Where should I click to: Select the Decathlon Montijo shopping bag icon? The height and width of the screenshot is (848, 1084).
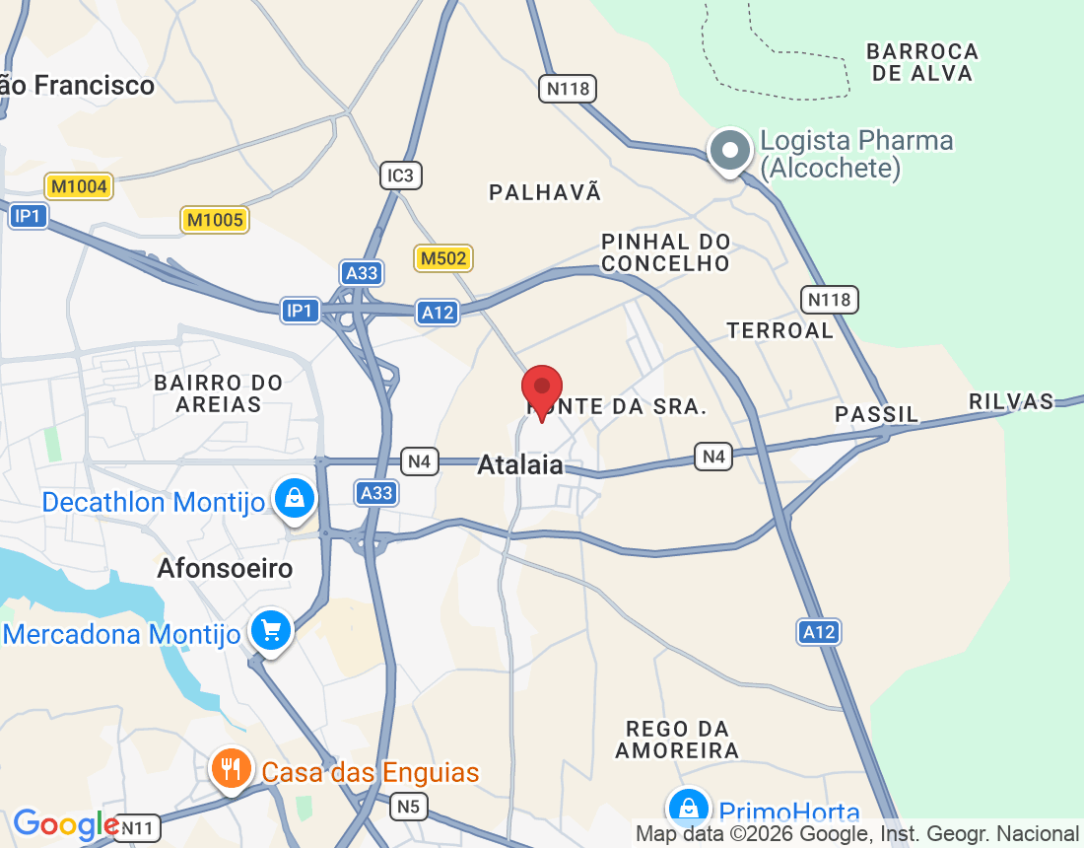click(294, 499)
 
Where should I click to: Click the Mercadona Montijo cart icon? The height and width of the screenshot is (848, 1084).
click(270, 629)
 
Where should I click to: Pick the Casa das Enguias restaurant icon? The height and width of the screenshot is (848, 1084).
click(231, 768)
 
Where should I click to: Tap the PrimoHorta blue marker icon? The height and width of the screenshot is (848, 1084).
click(689, 809)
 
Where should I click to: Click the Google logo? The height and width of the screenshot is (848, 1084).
click(65, 824)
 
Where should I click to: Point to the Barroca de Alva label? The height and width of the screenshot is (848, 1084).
click(923, 62)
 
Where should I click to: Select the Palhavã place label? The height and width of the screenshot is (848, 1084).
click(545, 192)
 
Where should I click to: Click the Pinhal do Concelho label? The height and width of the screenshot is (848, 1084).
click(666, 252)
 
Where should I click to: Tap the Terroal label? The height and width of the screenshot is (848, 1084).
click(780, 330)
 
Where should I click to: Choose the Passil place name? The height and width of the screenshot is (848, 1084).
click(876, 414)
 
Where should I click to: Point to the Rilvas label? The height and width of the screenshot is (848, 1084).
click(1011, 401)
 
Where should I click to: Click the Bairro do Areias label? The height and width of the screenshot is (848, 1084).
click(219, 393)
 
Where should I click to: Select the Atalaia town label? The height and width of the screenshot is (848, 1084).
click(520, 464)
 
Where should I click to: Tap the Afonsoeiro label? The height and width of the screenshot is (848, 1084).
click(225, 569)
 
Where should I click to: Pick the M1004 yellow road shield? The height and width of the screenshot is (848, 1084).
click(78, 185)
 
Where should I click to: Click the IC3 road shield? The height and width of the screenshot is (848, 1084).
click(401, 176)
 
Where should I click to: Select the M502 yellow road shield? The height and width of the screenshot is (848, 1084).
click(443, 258)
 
